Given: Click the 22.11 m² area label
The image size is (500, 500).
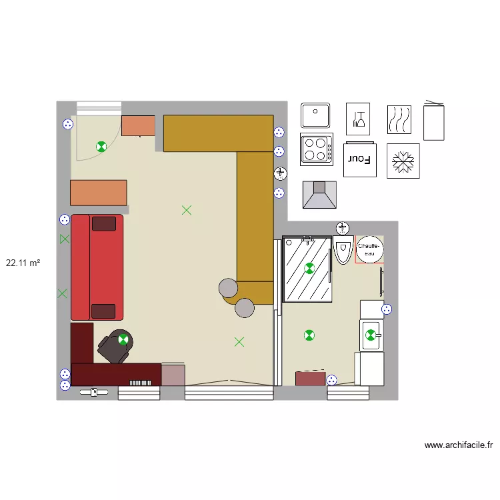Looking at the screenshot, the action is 23,263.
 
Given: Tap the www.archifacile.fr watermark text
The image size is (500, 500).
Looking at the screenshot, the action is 458,445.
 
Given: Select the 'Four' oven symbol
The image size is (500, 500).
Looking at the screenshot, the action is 360,159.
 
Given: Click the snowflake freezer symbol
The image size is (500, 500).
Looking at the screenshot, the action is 403,161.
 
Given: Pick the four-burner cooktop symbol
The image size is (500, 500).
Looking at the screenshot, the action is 317,149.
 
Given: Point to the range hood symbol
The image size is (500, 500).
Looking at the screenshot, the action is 319,195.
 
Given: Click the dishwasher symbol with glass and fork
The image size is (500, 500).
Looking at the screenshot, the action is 358,119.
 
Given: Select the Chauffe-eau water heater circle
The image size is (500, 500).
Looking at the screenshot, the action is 369,250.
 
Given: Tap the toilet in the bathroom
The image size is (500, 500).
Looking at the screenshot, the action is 343,250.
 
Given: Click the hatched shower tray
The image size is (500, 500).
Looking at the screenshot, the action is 307,269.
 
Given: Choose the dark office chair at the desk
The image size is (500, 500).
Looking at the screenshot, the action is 115,346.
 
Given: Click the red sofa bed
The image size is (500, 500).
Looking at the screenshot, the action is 97,267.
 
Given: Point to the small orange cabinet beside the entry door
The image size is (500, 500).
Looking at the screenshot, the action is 138,125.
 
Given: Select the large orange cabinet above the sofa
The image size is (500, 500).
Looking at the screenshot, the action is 99,193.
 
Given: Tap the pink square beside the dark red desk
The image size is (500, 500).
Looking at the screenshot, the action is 173,375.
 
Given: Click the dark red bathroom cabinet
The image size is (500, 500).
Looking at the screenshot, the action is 310,379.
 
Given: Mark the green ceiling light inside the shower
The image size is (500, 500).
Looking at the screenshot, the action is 309,269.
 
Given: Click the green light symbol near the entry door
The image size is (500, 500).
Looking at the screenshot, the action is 101,147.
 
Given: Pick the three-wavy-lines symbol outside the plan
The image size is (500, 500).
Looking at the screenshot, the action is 399,119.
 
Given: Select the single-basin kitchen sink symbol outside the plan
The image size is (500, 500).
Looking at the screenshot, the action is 315,115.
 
